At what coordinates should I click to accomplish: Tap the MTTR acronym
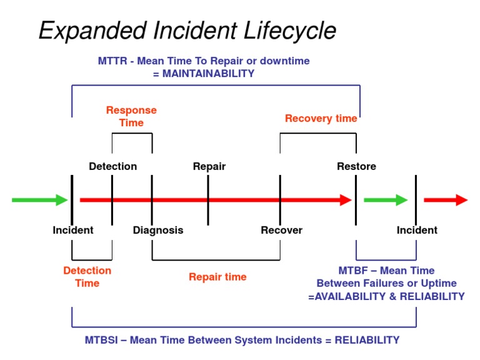point(113,61)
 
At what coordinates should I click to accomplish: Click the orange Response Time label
point(131,116)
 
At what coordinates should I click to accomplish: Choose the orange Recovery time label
point(321,118)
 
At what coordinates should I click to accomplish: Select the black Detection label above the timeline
point(112,166)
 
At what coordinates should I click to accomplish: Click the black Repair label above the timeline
point(209,166)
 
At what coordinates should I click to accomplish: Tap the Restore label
point(356,166)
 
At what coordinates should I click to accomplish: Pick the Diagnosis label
point(158,230)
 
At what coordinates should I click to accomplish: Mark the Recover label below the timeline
point(281,230)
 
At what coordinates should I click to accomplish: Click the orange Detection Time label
point(87,277)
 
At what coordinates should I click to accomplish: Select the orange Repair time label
point(217,277)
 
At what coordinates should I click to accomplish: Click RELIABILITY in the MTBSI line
point(367,340)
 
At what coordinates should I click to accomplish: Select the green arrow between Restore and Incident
point(385,200)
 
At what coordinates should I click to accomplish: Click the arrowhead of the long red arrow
point(346,200)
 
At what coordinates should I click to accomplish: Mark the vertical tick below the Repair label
point(208,200)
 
